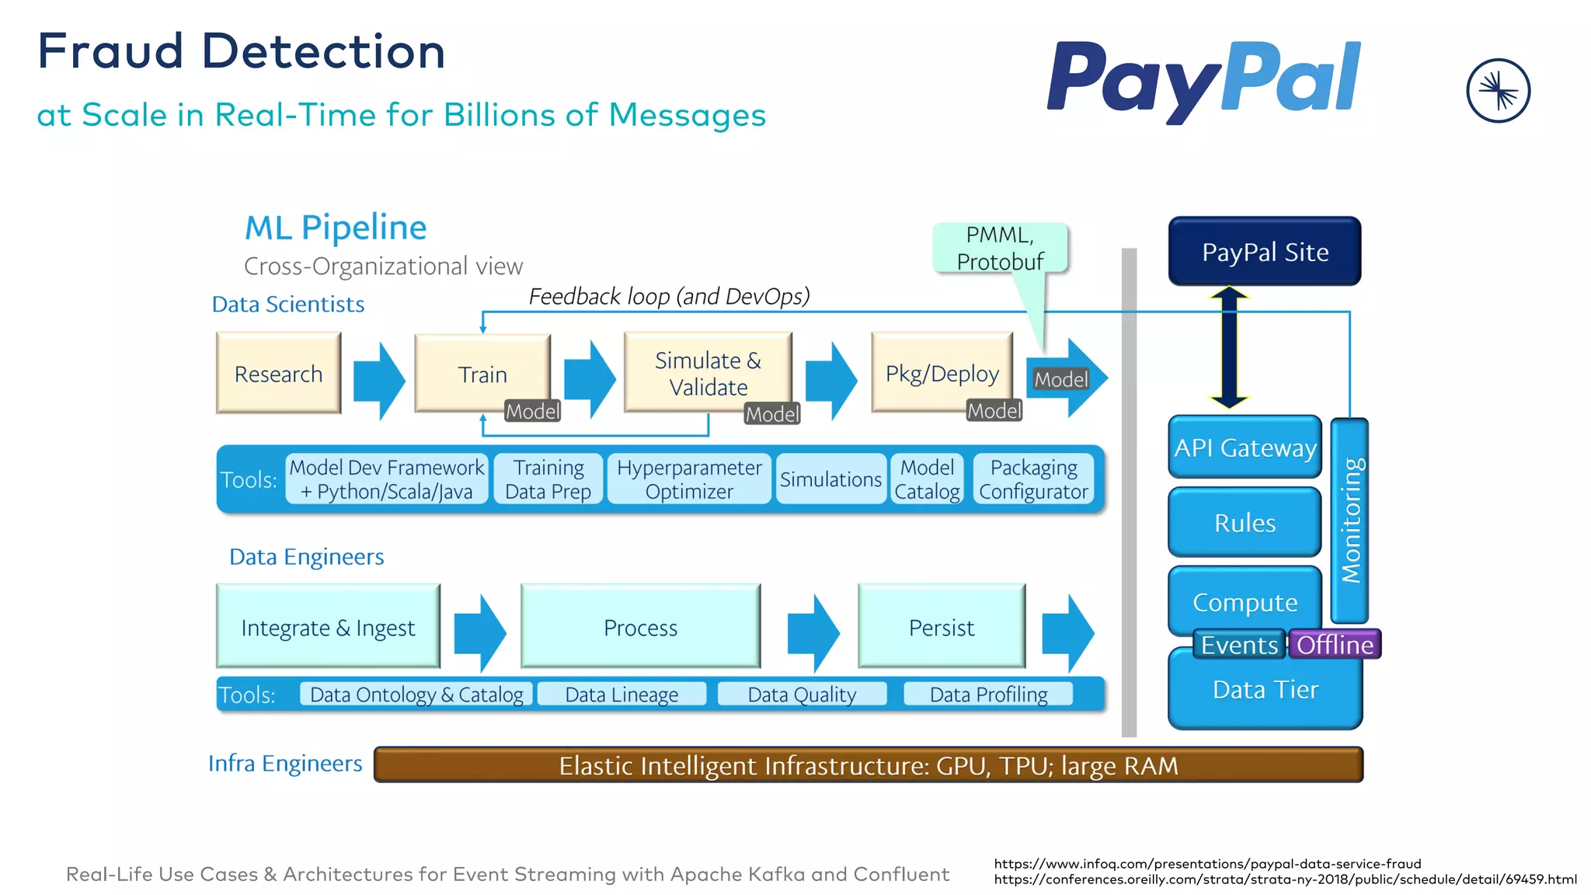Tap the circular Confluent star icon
click(x=1498, y=91)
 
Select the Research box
click(x=278, y=374)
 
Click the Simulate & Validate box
click(x=708, y=372)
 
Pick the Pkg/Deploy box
click(x=942, y=372)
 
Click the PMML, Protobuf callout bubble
click(x=1000, y=248)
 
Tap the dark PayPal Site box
click(x=1264, y=252)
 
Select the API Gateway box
click(x=1245, y=447)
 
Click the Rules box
click(x=1245, y=523)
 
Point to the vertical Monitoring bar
click(x=1350, y=520)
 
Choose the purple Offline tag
click(x=1334, y=645)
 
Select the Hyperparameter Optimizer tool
click(x=689, y=479)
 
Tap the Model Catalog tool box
click(x=927, y=479)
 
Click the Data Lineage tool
click(x=621, y=694)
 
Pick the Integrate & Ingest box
click(x=328, y=627)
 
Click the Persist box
click(x=941, y=627)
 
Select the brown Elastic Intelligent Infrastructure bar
click(x=868, y=765)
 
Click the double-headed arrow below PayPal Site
click(x=1229, y=348)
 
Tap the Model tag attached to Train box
click(x=532, y=411)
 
